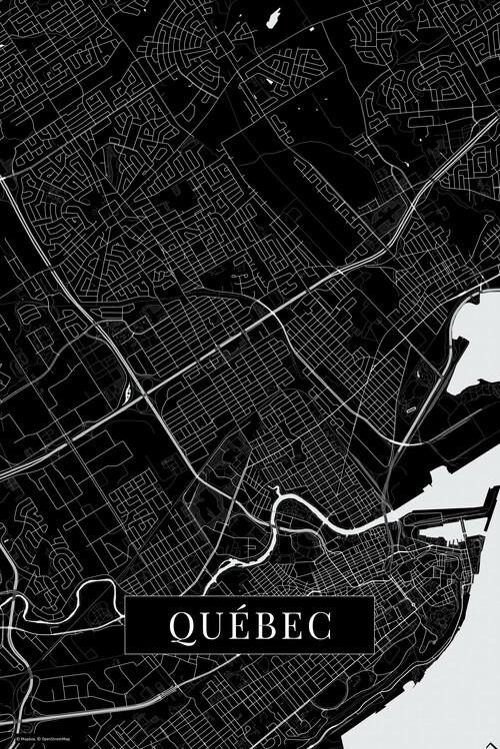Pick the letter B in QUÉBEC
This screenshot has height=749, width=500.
[265, 625]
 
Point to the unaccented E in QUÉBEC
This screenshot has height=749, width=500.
[291, 625]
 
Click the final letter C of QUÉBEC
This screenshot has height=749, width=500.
[318, 625]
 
